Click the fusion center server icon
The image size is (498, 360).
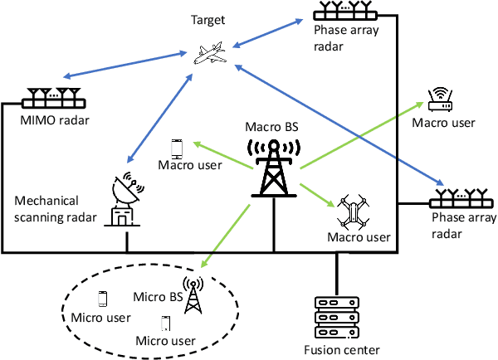pyautogui.click(x=336, y=315)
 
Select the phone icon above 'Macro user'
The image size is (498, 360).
pyautogui.click(x=176, y=148)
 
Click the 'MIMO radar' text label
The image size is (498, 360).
pyautogui.click(x=56, y=123)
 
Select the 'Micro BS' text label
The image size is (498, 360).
pyautogui.click(x=158, y=295)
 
